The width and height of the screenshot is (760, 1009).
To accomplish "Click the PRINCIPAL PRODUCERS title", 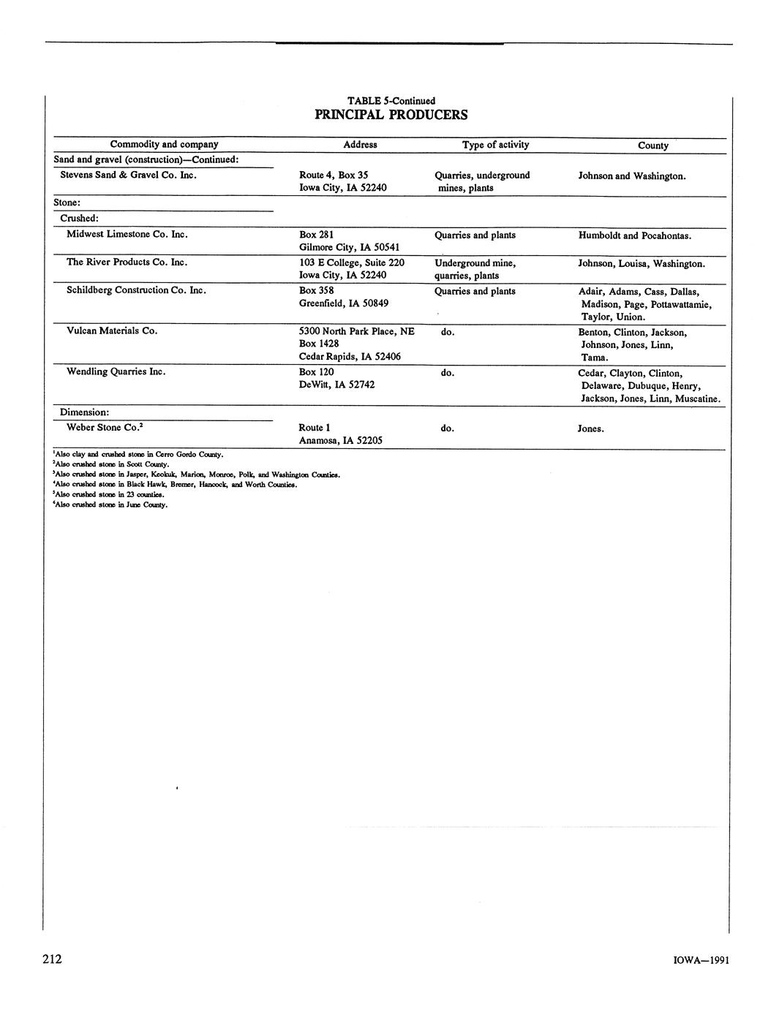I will coord(391,115).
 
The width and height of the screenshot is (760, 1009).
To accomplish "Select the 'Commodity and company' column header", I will coord(164,144).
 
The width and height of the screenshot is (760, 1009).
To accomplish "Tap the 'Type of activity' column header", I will coord(495,144).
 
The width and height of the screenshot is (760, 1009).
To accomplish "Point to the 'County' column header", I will coord(652,146).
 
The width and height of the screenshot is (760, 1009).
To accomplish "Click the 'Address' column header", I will coord(360,145).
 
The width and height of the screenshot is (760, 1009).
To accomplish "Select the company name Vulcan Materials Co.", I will coord(112,330).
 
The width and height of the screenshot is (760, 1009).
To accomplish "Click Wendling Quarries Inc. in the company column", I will coord(116,371).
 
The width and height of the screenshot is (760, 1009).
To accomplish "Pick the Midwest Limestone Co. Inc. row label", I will coord(127,234).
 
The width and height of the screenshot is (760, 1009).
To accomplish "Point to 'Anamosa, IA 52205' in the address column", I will coord(340,440).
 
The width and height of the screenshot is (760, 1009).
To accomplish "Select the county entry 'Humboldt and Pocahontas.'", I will coord(634,235).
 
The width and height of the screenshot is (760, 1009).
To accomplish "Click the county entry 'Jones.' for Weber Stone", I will coord(590,428).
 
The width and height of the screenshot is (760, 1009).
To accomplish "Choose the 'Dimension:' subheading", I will coord(84,412).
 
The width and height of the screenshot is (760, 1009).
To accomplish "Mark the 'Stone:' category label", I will coord(67,203).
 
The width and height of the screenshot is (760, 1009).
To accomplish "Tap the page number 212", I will coord(52,959).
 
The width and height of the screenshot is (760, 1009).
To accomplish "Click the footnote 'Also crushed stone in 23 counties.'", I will coord(102,494).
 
